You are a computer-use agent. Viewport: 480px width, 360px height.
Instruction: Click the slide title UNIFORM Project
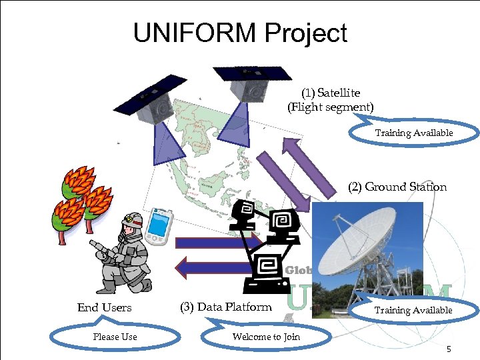pos(240,33)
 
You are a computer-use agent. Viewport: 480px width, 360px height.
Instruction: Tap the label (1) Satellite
pos(331,93)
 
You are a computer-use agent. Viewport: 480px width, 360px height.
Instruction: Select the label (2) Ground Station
pos(397,187)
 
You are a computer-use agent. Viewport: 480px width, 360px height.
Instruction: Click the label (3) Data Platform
pos(226,307)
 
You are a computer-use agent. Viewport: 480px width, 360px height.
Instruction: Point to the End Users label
pos(105,307)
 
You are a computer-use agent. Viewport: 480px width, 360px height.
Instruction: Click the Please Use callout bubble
pos(115,337)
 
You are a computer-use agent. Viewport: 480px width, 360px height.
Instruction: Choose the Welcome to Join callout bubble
pos(266,337)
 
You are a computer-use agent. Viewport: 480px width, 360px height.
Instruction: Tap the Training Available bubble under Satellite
pos(413,133)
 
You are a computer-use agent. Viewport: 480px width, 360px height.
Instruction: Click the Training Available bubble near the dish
pos(413,310)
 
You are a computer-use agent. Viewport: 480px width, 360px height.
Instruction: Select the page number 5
pos(449,349)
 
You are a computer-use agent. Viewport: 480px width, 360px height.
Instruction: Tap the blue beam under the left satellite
pos(161,143)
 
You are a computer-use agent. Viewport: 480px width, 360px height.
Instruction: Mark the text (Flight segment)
pos(331,107)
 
